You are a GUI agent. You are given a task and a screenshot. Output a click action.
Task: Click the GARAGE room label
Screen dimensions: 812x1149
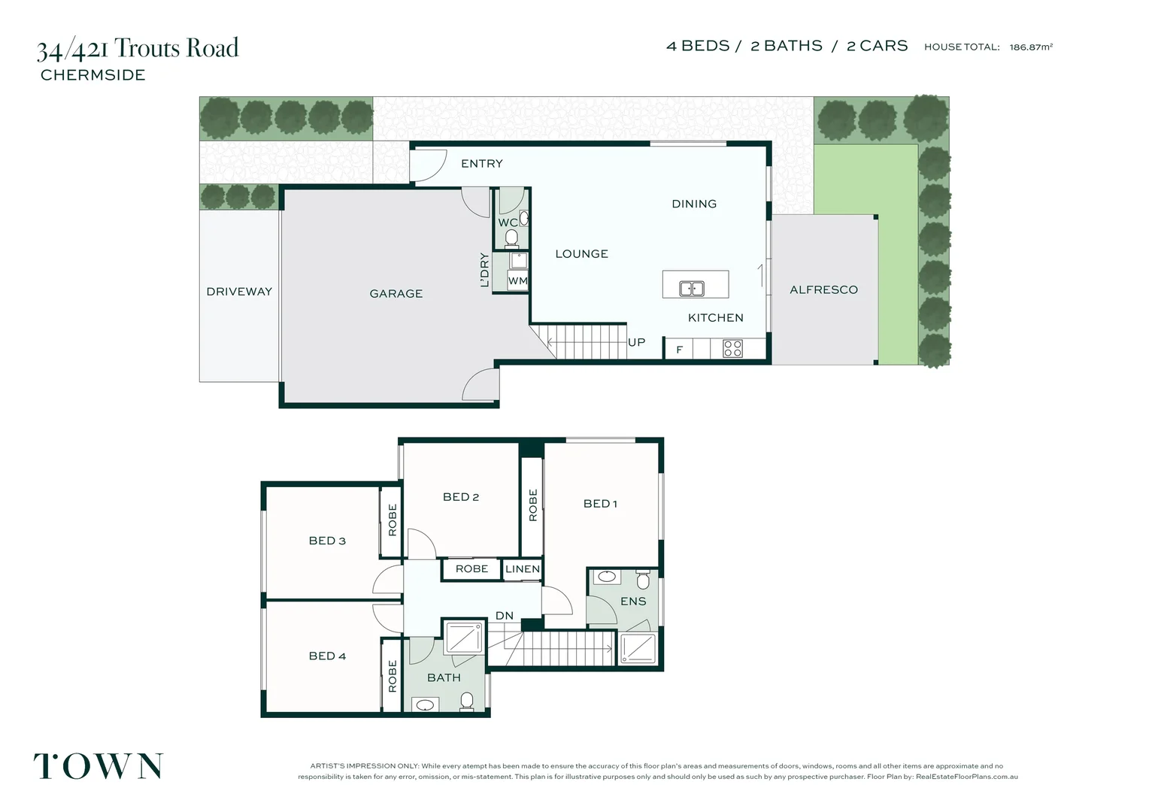[x=396, y=294]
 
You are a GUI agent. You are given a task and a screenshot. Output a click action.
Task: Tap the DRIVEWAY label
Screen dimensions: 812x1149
[x=239, y=292]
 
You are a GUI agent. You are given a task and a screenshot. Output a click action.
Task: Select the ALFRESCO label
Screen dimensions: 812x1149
[x=823, y=289]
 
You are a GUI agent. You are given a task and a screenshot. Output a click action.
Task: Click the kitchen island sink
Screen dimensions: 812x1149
[x=692, y=288]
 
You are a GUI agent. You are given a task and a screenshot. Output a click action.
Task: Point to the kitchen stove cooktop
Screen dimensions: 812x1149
[x=732, y=348]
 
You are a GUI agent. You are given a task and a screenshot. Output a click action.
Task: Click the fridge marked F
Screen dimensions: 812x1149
[x=679, y=350]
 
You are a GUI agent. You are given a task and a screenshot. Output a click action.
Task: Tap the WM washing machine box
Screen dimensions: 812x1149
[x=517, y=281]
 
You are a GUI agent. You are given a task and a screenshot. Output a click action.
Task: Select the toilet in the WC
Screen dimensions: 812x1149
[x=511, y=238]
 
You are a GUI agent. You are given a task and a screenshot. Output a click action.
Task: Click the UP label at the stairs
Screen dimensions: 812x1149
[x=636, y=342]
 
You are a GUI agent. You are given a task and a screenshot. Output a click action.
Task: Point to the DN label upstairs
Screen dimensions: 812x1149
[x=504, y=616]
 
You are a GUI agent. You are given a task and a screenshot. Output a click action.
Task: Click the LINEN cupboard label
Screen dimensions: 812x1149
[x=523, y=569]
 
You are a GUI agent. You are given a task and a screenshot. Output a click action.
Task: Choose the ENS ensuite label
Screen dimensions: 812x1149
[x=633, y=601]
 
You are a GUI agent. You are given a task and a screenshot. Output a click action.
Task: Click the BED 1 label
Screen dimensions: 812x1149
[x=600, y=504]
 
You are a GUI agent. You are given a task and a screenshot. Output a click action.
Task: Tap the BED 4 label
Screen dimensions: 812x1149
[x=327, y=656]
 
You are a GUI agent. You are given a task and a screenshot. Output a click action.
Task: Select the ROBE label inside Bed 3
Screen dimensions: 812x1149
[x=392, y=520]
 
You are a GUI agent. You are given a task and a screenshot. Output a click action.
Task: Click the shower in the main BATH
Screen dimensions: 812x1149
[x=462, y=638]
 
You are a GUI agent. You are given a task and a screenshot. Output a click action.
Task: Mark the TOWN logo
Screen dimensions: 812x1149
[x=99, y=766]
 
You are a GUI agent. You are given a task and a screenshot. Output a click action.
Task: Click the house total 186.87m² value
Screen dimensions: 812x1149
[x=1031, y=47]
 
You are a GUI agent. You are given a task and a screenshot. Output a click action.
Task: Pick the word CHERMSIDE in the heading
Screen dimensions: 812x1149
[x=93, y=75]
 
